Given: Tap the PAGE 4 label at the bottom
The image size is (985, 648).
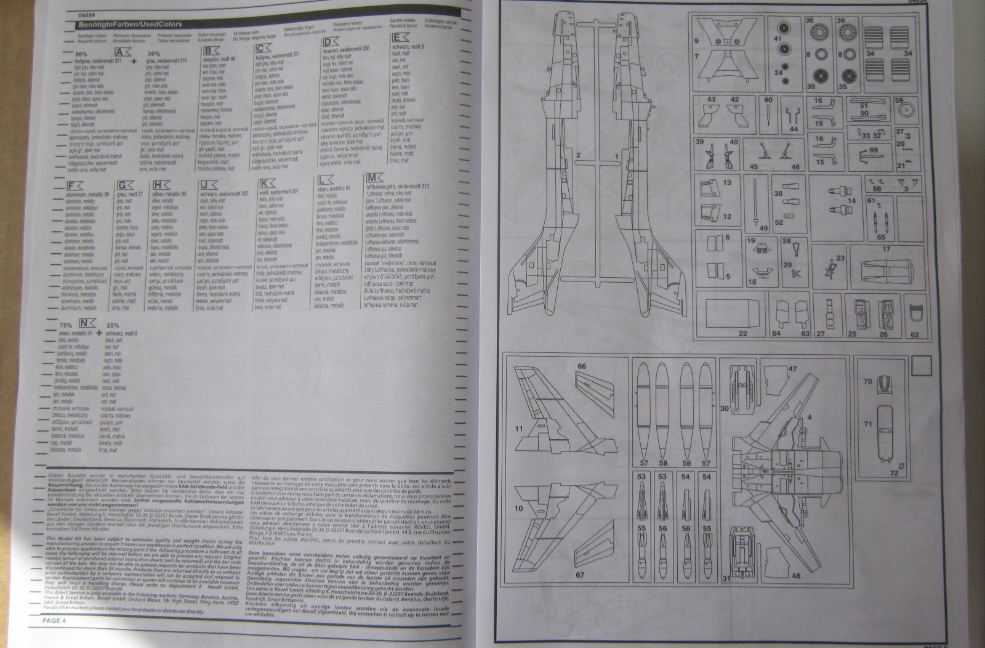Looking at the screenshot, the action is [54, 620].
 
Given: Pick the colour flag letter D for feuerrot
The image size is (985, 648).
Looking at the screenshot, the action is [330, 42].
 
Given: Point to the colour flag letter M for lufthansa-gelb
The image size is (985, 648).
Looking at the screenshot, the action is [373, 179].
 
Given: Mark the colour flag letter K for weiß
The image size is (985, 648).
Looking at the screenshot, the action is [265, 183].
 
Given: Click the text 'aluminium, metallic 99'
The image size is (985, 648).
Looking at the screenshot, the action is [87, 194].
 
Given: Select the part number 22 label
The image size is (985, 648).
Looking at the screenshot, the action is [742, 334].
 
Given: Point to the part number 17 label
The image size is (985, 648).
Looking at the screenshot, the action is [886, 249].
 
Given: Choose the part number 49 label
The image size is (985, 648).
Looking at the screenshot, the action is [764, 229].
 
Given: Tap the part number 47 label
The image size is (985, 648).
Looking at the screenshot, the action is [792, 369].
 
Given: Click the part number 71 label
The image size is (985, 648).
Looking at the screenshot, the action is [868, 424].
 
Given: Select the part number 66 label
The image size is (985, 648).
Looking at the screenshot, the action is [582, 366].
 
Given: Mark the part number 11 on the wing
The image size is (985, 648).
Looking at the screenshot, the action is [519, 427].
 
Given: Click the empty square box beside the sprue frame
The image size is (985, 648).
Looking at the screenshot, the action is [921, 367].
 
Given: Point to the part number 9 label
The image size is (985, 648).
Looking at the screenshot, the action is [696, 41].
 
